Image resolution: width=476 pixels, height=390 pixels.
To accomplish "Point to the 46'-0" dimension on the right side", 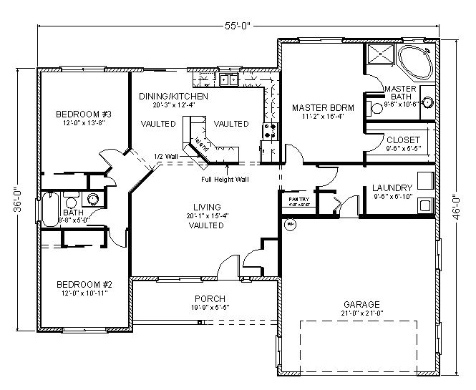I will pyautogui.click(x=456, y=208).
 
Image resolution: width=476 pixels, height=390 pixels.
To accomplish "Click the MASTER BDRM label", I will pyautogui.click(x=320, y=107).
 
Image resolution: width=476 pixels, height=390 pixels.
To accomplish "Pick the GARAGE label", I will pyautogui.click(x=360, y=303).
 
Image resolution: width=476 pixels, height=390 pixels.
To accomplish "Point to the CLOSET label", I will pyautogui.click(x=399, y=140).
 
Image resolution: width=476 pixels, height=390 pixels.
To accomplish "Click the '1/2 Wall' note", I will pyautogui.click(x=166, y=156).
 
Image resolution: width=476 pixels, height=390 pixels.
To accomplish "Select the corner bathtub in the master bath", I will pyautogui.click(x=414, y=63).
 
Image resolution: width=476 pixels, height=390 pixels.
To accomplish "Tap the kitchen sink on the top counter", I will pyautogui.click(x=229, y=79).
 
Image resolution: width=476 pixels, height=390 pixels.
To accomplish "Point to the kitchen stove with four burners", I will pyautogui.click(x=271, y=130).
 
